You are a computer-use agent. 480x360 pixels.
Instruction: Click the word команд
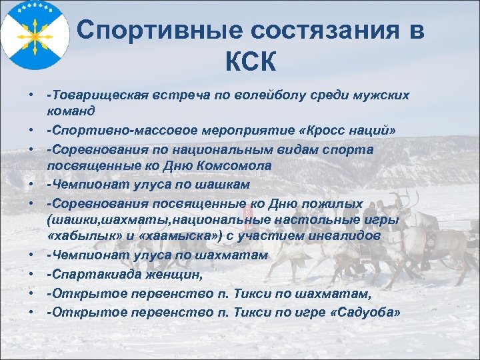click(x=71, y=109)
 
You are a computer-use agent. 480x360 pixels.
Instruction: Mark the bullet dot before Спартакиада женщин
click(x=31, y=273)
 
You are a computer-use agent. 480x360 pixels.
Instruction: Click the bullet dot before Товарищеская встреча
click(x=31, y=95)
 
